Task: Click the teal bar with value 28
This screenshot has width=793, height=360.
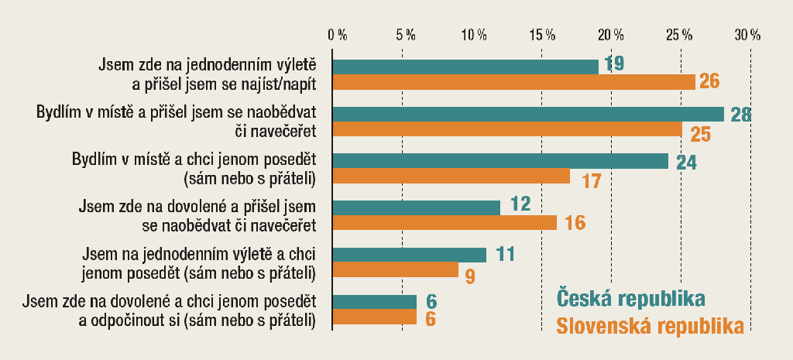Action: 528,114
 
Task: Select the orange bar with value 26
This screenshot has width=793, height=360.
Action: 514,82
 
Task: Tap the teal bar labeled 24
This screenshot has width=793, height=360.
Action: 500,160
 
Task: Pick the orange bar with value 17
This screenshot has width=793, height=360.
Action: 451,177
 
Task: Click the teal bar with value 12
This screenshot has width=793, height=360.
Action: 417,207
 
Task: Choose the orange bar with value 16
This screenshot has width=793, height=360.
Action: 445,223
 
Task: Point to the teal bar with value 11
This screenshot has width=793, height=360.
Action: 410,255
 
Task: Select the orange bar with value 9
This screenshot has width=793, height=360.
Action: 396,270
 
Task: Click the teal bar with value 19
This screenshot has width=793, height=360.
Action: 465,67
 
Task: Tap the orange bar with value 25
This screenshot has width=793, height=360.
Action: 507,129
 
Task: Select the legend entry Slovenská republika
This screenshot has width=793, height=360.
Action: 650,327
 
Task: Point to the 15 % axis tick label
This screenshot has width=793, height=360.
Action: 542,36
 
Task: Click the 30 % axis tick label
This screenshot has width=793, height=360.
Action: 748,36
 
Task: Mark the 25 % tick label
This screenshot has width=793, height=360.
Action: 679,36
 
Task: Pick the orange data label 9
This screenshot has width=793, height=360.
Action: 470,275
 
